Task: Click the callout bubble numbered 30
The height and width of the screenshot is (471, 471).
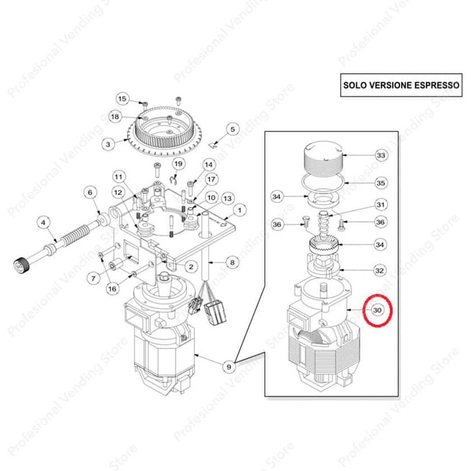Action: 377,310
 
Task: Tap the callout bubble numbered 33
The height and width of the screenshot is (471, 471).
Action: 381,155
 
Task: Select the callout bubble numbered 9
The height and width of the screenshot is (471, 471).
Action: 229,367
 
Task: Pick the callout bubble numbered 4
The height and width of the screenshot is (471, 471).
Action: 43,222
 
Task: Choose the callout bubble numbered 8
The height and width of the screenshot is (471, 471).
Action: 232,263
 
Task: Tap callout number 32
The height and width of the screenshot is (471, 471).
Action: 380,270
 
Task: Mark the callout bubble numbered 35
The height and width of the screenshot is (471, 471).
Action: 381,183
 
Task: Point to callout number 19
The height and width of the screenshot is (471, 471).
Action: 178,164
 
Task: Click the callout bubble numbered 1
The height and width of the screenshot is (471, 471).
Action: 239,210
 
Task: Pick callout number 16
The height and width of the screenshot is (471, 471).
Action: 112,289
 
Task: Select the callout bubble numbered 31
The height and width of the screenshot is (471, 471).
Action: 381,205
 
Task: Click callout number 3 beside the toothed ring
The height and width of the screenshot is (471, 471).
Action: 108,144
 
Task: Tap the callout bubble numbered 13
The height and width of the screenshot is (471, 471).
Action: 227,198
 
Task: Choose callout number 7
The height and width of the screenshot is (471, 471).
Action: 93,278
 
